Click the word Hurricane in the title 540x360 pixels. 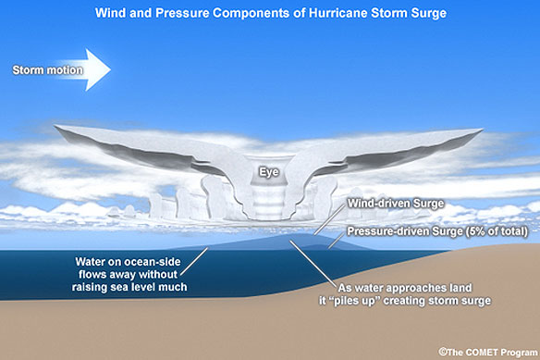tap(338, 13)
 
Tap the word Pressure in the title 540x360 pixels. tap(182, 13)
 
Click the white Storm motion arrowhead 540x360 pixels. tap(98, 69)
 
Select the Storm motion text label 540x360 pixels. tap(47, 70)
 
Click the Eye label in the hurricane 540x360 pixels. tap(269, 172)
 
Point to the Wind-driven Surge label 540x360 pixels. tap(396, 204)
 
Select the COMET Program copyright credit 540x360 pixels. tap(488, 352)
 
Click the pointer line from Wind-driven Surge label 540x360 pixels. tap(329, 219)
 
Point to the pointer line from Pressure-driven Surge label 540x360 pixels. tap(337, 241)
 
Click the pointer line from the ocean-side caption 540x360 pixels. tap(194, 261)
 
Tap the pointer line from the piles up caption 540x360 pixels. tap(313, 264)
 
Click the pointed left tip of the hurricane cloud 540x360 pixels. tap(55, 127)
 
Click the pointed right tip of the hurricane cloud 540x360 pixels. tap(482, 130)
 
